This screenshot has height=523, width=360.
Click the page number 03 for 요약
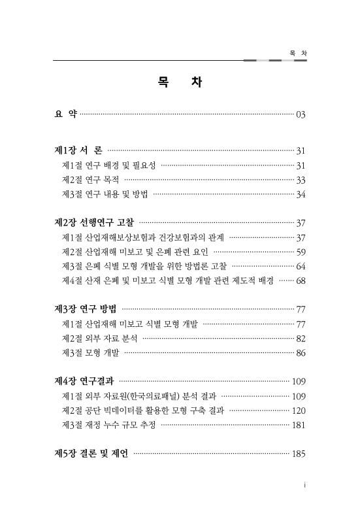[301, 115]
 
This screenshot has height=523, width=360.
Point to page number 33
[301, 180]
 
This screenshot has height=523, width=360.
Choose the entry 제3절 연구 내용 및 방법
[105, 194]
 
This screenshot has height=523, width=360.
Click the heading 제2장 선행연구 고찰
[93, 223]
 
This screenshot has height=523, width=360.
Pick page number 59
[301, 252]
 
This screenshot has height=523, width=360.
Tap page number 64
[301, 266]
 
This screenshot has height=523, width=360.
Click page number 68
[301, 280]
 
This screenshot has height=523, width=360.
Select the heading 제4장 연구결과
[83, 381]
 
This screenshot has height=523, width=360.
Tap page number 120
[299, 410]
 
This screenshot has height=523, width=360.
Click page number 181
[299, 424]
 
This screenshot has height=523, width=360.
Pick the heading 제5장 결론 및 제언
[90, 453]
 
